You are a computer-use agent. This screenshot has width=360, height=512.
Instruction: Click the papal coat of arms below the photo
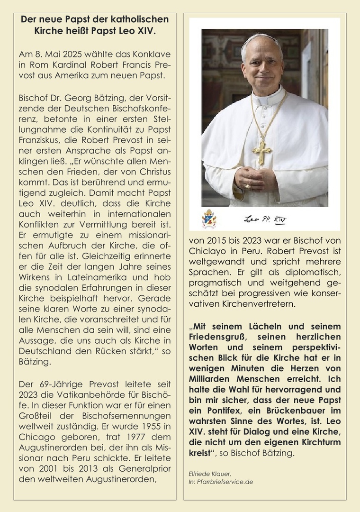(209, 219)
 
